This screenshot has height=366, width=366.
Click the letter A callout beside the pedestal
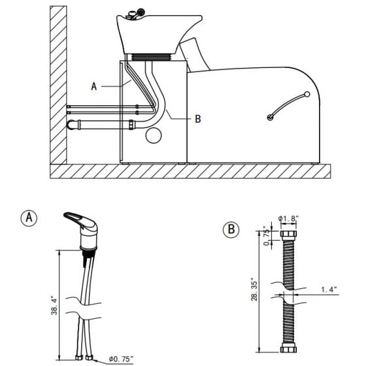click(94, 86)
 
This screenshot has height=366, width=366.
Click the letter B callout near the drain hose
click(197, 119)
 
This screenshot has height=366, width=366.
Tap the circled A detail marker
click(29, 218)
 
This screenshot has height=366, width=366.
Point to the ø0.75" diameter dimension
click(121, 359)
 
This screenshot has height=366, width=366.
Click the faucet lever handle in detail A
click(78, 220)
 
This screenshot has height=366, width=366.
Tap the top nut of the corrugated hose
click(288, 235)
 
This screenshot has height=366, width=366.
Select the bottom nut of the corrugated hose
click(288, 349)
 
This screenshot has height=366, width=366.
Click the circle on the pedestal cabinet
click(154, 135)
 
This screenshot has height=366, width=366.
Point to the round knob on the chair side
click(269, 117)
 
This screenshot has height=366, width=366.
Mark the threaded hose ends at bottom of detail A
click(81, 357)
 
